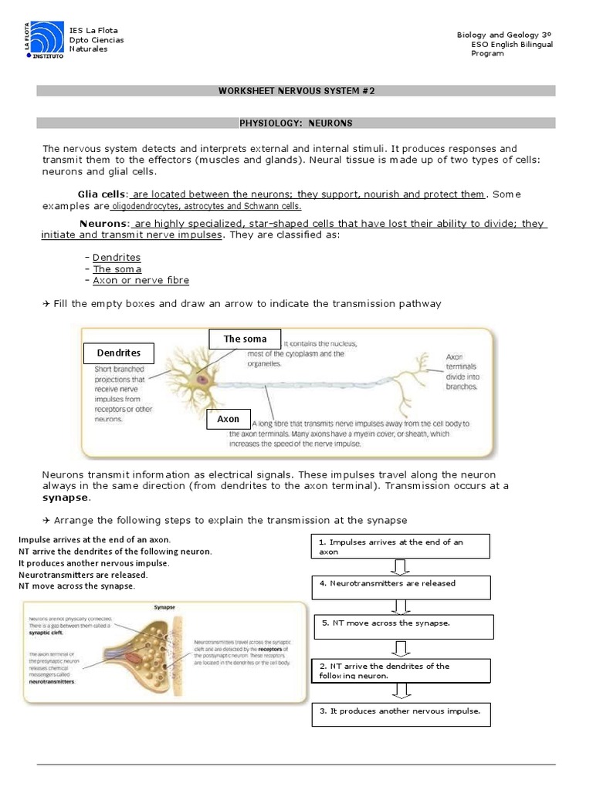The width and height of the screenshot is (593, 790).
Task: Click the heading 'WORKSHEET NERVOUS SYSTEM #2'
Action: (x=296, y=91)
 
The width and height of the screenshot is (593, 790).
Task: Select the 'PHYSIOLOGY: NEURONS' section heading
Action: (x=296, y=123)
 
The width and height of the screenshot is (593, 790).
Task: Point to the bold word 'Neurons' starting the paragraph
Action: (x=103, y=224)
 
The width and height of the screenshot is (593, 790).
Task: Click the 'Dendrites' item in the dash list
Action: (x=117, y=258)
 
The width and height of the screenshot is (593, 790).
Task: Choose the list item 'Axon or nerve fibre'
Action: (x=141, y=281)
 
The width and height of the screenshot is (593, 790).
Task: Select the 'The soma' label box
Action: (x=245, y=339)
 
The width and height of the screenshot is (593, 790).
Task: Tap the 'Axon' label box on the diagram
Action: (x=228, y=419)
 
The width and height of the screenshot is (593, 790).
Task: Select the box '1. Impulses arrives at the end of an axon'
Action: (x=401, y=546)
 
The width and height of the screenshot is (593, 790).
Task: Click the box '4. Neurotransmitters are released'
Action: (x=401, y=587)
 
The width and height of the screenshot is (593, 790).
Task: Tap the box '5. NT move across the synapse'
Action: (x=404, y=626)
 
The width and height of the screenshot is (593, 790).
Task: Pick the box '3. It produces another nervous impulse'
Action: (x=401, y=714)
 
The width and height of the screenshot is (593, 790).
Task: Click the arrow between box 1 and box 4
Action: (x=400, y=568)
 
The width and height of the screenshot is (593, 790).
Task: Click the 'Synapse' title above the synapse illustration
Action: (x=165, y=607)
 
